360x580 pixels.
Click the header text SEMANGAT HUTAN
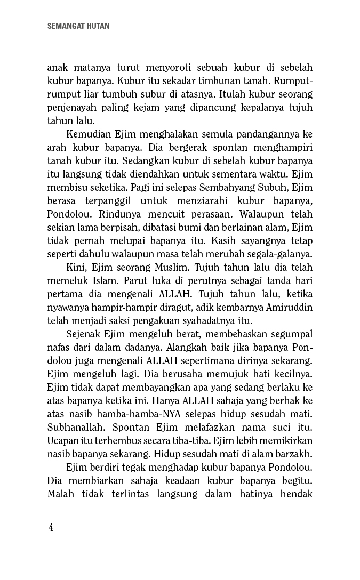coord(78,26)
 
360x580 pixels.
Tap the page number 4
coord(51,528)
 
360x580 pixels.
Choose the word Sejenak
coord(84,334)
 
